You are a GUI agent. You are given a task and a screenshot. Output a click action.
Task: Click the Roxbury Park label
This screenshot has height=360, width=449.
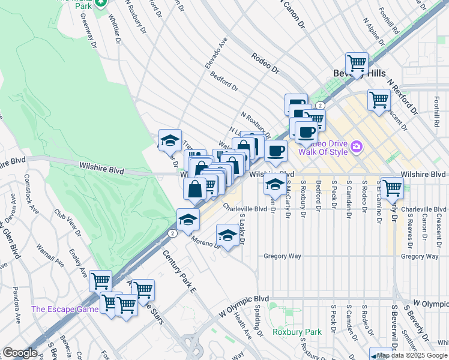289,331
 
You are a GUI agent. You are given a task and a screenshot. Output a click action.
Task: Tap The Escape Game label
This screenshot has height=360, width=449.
65,309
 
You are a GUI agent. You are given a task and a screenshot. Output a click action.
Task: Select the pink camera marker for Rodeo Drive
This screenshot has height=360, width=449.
357,146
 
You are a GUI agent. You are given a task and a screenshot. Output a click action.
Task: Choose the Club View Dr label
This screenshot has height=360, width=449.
67,220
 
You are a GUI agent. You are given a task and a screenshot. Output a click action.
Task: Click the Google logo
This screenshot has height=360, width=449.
20,352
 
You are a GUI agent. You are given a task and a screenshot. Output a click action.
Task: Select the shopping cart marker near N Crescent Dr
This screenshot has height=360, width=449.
379,99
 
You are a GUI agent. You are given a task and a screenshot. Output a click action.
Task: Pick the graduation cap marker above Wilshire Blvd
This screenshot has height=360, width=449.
170,140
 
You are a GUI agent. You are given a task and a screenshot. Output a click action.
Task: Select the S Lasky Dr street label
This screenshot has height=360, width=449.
242,229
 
